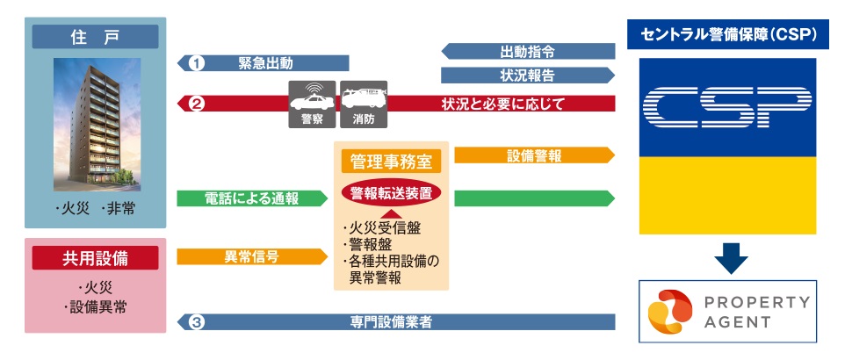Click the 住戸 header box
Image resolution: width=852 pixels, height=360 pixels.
(96, 37)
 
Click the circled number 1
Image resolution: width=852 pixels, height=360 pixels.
(197, 63)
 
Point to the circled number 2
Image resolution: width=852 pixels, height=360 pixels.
(197, 104)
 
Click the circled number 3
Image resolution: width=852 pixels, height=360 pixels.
(197, 322)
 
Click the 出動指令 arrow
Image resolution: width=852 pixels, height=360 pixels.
(526, 50)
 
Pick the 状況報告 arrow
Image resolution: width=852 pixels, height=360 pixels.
(526, 75)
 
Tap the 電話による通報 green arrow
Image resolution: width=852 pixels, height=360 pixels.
(251, 198)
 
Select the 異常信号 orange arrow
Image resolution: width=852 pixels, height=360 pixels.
(251, 257)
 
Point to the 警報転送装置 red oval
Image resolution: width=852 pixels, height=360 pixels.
(390, 193)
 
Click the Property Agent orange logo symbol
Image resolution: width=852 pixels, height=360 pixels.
(667, 312)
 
